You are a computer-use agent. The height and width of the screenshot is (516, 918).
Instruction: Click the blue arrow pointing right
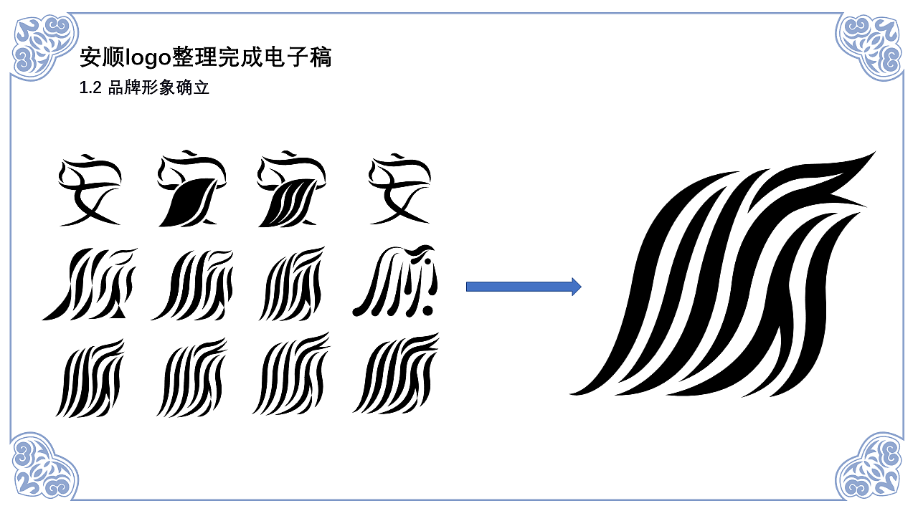[x=524, y=287]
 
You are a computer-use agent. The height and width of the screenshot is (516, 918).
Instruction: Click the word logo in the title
[x=148, y=57]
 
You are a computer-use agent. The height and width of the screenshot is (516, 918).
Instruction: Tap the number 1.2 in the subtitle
[x=90, y=87]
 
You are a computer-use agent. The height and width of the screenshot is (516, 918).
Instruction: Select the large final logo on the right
[x=722, y=274]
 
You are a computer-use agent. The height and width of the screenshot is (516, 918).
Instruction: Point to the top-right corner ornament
[x=870, y=46]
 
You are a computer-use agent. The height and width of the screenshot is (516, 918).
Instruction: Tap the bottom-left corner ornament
[x=44, y=466]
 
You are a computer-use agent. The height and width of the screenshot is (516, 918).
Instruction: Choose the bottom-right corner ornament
[x=870, y=466]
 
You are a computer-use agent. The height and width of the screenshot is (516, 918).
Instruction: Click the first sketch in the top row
[x=90, y=190]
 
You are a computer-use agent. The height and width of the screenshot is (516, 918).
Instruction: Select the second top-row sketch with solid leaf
[x=191, y=188]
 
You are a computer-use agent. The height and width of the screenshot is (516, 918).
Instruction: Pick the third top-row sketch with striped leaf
[x=292, y=188]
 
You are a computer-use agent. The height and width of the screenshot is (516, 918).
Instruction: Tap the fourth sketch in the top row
[x=400, y=189]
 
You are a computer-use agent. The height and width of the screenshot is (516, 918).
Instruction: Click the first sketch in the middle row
[x=90, y=283]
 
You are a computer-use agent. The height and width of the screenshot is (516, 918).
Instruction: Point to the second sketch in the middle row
[x=191, y=285]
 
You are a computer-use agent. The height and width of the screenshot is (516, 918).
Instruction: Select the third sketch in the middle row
[x=292, y=283]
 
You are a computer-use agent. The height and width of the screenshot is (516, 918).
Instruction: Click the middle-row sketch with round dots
[x=395, y=281]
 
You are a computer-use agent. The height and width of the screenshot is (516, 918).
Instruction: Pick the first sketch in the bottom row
[x=90, y=378]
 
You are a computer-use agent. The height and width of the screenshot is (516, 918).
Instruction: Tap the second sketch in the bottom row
[x=191, y=378]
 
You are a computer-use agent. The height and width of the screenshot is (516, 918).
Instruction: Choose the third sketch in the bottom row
[x=292, y=374]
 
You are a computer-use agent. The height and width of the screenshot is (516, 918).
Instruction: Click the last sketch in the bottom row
[x=396, y=373]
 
